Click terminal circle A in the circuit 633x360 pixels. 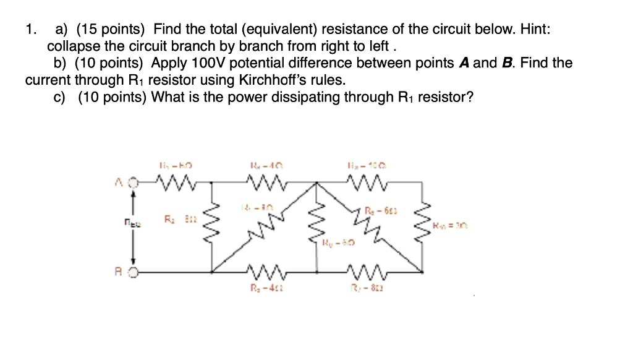coord(133,182)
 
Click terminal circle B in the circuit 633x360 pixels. coord(133,271)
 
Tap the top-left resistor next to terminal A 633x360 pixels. coord(176,182)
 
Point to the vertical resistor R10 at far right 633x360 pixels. coord(424,224)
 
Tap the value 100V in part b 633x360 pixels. coord(210,63)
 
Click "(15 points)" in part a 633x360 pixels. coord(109,29)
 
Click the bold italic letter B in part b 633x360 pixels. coord(507,63)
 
